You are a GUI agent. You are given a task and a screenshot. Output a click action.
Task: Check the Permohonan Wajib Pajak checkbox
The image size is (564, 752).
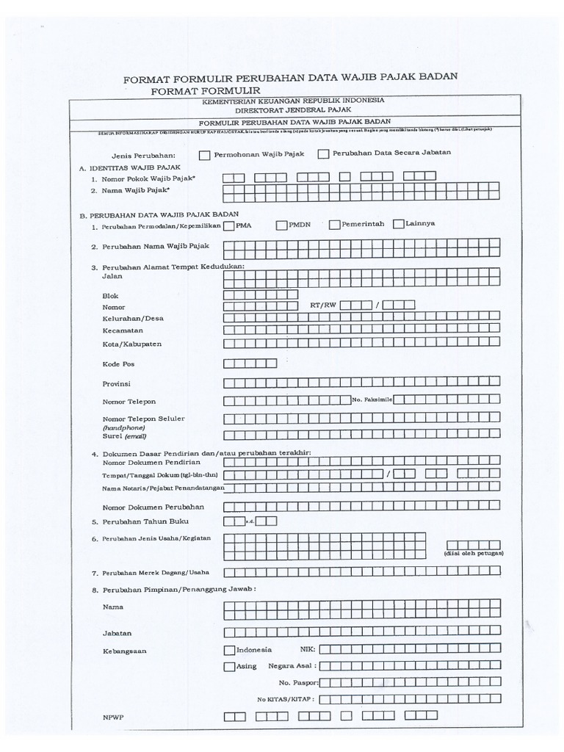(x=203, y=155)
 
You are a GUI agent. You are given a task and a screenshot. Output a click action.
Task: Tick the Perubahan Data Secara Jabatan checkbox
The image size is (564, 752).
(x=323, y=154)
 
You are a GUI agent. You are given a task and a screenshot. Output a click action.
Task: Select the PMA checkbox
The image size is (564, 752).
(x=229, y=225)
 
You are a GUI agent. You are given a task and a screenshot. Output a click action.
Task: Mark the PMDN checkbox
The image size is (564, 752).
(x=282, y=225)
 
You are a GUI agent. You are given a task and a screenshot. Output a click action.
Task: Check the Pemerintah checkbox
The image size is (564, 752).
(x=335, y=225)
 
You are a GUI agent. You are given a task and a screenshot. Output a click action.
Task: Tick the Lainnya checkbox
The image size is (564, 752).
(x=399, y=224)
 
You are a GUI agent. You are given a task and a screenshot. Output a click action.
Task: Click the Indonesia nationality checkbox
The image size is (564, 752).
(x=229, y=649)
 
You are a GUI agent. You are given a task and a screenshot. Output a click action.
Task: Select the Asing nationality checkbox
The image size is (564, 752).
(x=229, y=666)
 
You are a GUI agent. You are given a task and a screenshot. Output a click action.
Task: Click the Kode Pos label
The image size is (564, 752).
(x=118, y=364)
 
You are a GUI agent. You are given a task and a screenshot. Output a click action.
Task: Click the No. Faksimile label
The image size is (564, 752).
(x=373, y=399)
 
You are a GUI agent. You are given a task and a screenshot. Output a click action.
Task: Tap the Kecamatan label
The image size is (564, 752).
(x=123, y=330)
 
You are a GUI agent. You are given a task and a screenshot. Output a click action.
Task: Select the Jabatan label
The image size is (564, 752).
(x=117, y=632)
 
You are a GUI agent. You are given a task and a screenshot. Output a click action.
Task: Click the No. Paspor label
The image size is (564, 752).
(x=297, y=682)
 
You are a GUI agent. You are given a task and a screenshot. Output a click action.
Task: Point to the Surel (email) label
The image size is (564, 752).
(x=120, y=435)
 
